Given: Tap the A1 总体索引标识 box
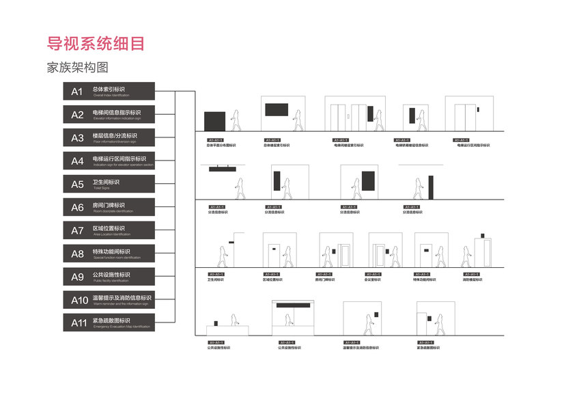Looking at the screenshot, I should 109,91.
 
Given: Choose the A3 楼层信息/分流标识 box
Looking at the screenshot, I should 109,137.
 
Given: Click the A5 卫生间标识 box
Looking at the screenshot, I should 109,184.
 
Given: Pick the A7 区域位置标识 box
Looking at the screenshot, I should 109,230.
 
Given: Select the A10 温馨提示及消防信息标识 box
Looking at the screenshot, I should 109,299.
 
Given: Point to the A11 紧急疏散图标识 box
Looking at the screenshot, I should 109,323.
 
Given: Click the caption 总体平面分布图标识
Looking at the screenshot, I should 221,146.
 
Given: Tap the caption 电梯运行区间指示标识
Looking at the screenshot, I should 473,146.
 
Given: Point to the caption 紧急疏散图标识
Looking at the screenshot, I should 428,348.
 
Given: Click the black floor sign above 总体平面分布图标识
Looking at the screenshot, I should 215,120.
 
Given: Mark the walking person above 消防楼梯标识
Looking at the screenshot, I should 466,256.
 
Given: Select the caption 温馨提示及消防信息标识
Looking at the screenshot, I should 359,348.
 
